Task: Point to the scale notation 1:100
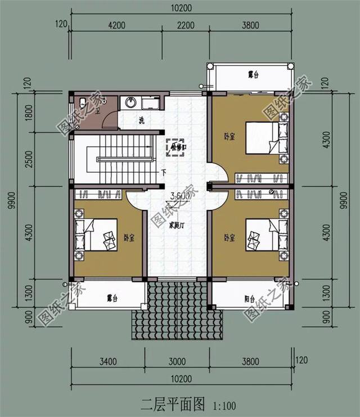click(225, 405)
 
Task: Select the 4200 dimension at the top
click(116, 24)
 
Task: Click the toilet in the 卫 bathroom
click(83, 103)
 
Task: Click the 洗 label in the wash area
click(142, 120)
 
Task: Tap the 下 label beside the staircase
click(163, 172)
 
